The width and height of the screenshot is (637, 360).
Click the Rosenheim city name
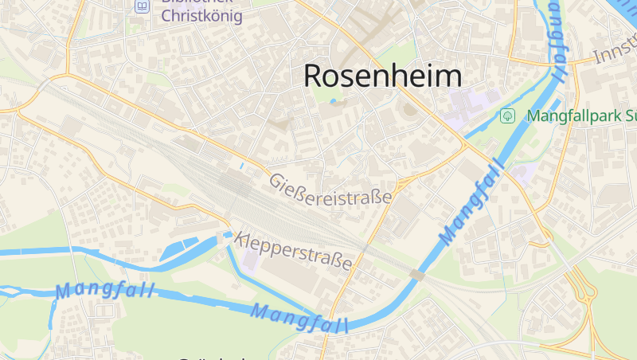click(382, 76)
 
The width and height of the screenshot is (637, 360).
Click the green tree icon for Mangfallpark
click(506, 116)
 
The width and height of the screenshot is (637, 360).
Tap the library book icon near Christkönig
click(142, 6)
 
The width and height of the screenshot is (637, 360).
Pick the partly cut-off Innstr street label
click(616, 54)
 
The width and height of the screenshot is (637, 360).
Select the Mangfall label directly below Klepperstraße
click(300, 317)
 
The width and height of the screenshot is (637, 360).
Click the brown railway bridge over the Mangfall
click(417, 275)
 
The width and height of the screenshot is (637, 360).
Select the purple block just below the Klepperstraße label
click(251, 261)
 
